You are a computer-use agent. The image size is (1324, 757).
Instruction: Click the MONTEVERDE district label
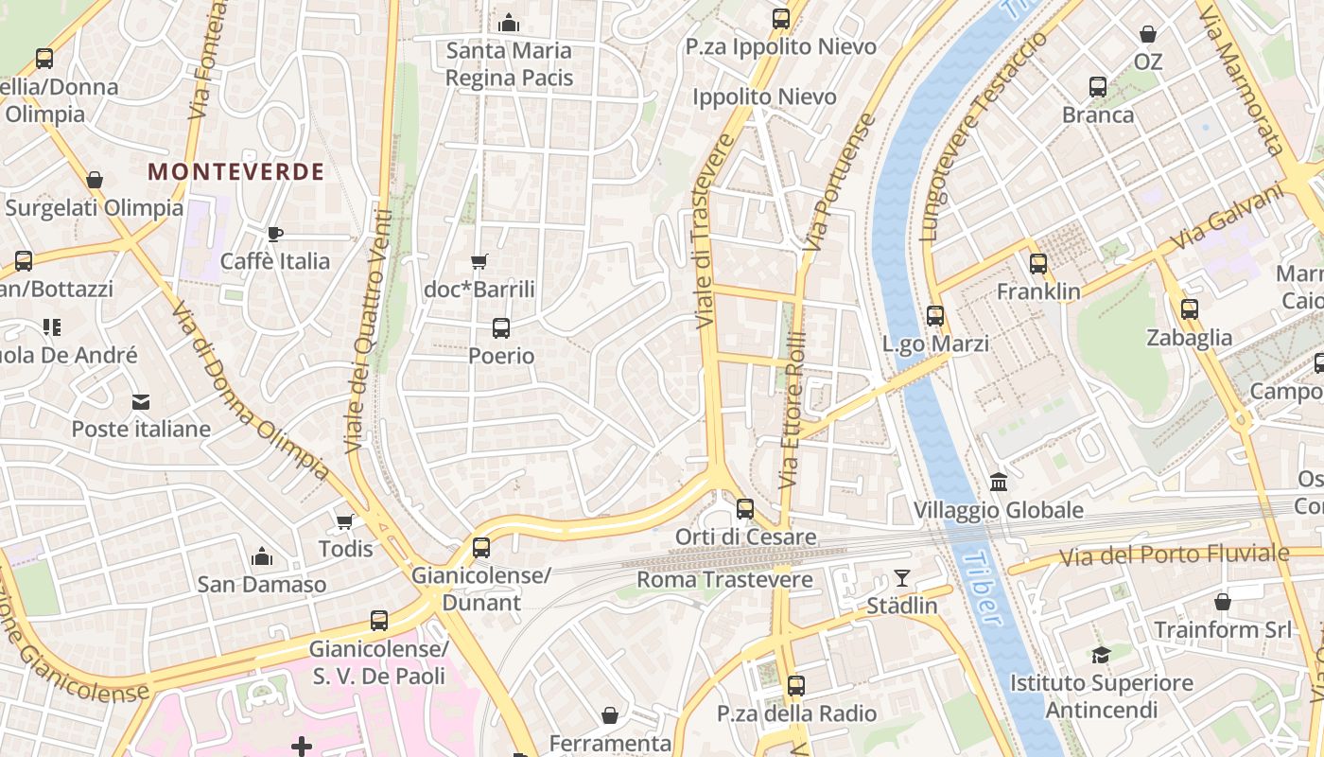pyautogui.click(x=236, y=171)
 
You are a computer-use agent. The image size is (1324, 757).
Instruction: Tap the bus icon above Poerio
pyautogui.click(x=501, y=328)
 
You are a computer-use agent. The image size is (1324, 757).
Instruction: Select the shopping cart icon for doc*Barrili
pyautogui.click(x=479, y=261)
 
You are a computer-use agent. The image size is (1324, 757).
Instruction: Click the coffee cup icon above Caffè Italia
pyautogui.click(x=274, y=233)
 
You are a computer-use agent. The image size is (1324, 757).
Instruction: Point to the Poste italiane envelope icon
pyautogui.click(x=141, y=402)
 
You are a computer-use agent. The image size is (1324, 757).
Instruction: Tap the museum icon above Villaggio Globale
pyautogui.click(x=999, y=483)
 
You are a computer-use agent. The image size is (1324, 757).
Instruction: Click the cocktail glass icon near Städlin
pyautogui.click(x=902, y=577)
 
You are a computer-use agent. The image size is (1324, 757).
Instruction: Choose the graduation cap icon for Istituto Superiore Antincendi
pyautogui.click(x=1101, y=655)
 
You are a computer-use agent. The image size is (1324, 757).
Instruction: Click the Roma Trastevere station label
pyautogui.click(x=724, y=579)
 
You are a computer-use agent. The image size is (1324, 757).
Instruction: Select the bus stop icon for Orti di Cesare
pyautogui.click(x=745, y=509)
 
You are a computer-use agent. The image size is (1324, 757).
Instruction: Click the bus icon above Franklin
pyautogui.click(x=1038, y=264)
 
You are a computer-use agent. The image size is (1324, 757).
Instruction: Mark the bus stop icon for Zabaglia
pyautogui.click(x=1190, y=309)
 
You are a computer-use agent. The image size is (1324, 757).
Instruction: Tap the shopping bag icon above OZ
pyautogui.click(x=1148, y=34)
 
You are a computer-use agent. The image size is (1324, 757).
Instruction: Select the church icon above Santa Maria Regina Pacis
pyautogui.click(x=509, y=22)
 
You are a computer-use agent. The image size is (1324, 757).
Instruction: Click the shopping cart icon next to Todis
pyautogui.click(x=345, y=521)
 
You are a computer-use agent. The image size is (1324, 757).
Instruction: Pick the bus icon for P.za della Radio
pyautogui.click(x=796, y=686)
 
